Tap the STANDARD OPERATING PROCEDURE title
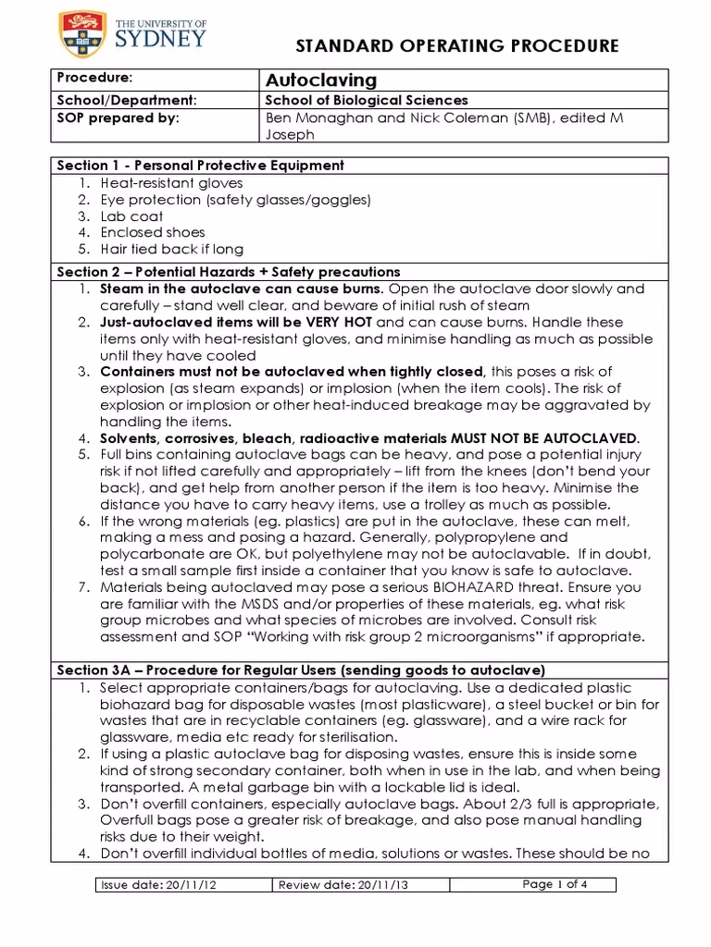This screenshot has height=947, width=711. [456, 46]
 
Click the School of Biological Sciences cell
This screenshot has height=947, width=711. [367, 100]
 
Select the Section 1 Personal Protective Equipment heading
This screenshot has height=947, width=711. [200, 166]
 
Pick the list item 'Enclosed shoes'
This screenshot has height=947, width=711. [153, 232]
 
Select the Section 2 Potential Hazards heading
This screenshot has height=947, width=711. [228, 272]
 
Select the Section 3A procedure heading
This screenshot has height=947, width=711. [301, 670]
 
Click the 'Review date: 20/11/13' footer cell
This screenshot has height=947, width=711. [344, 885]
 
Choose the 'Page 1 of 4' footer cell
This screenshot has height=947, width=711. [555, 884]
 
